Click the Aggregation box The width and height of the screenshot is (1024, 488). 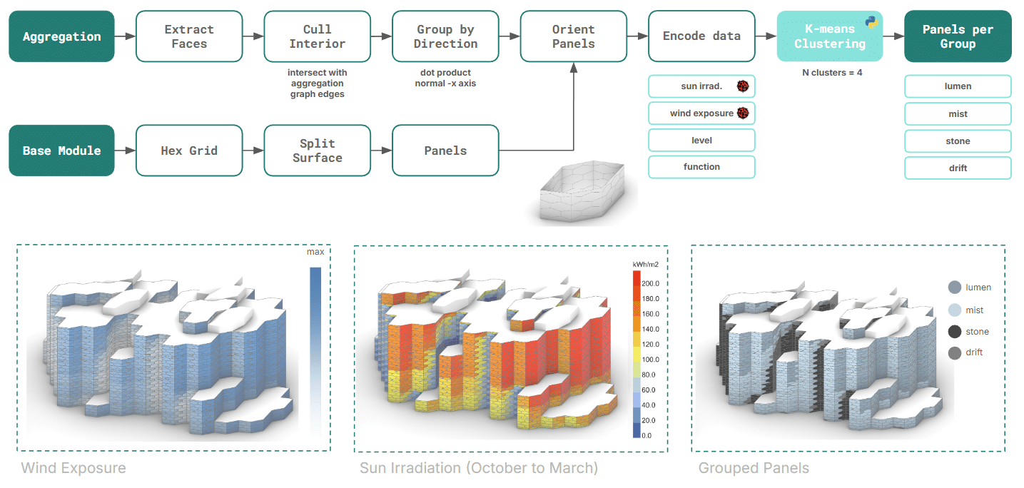coord(61,36)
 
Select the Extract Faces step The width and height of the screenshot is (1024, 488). coord(189,36)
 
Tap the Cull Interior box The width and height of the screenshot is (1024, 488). coord(317,36)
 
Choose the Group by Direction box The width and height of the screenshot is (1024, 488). coord(446,36)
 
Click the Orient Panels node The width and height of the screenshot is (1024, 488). coord(573,36)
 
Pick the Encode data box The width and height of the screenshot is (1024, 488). coord(701,36)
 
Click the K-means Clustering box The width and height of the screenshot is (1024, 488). coord(829,36)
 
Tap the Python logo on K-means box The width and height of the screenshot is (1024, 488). coord(871,21)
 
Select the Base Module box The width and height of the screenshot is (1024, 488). coord(61,151)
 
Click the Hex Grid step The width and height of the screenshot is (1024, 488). coord(189,151)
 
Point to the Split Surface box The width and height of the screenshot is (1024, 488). coord(317,151)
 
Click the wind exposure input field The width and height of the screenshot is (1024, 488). coord(701,113)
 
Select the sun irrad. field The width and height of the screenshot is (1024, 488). coord(701,86)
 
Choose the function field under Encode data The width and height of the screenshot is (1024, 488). coord(701,167)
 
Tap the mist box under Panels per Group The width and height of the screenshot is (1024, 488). coord(958,113)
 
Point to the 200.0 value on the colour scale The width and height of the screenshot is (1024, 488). coord(651,283)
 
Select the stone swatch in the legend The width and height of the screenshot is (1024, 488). coord(955,332)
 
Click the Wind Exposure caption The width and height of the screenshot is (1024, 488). coord(73,469)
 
